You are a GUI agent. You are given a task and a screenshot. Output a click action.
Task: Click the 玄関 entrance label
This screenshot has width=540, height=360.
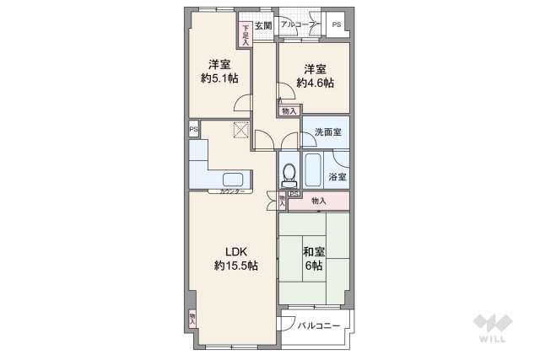coord(262,25)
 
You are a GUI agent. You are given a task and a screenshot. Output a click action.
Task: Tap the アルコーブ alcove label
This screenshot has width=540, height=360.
coord(297,25)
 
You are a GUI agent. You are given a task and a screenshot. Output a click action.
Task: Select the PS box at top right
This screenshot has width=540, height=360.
coord(336,25)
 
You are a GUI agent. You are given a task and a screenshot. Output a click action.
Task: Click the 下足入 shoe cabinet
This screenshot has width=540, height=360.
coord(246,35)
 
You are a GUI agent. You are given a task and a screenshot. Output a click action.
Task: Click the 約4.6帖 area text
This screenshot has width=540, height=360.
coord(315,83)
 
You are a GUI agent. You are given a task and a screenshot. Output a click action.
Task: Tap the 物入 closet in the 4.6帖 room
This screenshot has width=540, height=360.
coord(289,110)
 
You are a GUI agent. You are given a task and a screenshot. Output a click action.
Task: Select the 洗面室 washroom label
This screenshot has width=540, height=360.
coord(327,133)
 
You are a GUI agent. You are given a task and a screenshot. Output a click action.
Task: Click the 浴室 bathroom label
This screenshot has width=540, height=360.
coord(337,177)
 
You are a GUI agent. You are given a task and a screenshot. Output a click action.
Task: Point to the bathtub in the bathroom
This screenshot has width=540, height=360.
coord(314,171)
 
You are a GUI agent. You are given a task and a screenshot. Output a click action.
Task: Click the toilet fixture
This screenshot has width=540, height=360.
coord(289,174)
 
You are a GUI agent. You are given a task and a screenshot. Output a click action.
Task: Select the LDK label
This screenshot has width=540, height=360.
coord(235,250)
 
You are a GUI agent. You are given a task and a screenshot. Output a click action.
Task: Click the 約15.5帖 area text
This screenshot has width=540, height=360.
coord(235,266)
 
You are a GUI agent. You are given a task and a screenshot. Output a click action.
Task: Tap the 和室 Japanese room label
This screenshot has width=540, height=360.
coord(314,250)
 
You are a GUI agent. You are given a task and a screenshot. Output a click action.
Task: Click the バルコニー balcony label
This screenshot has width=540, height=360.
coord(319,325)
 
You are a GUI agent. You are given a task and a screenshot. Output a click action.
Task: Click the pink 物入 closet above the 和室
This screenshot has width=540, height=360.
coord(318,201)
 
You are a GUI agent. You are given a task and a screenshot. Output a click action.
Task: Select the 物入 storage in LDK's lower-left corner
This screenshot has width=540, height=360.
coord(192,318)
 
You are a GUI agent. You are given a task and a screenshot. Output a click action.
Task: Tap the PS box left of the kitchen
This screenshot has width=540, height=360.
coord(193,129)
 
